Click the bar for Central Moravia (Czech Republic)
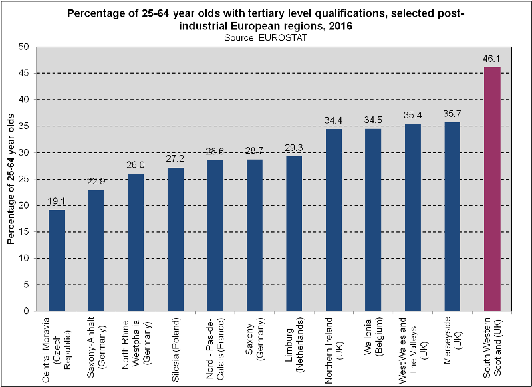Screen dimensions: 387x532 [57, 261]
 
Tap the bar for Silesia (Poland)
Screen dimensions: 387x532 [176, 239]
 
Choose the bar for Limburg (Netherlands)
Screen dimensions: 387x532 [294, 233]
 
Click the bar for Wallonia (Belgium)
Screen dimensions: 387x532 [373, 220]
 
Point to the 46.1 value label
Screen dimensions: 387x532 [492, 59]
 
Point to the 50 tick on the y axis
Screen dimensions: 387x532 [25, 47]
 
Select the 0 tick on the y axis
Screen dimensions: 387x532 [27, 311]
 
